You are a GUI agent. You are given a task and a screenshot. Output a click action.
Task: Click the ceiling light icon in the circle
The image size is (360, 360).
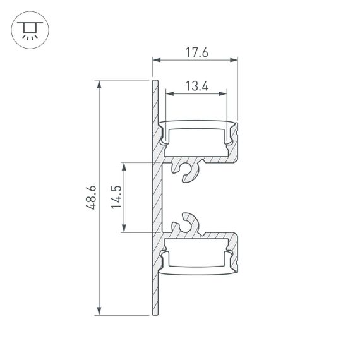pos(28,30)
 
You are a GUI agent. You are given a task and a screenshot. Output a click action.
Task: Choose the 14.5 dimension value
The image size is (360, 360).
pos(115,198)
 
